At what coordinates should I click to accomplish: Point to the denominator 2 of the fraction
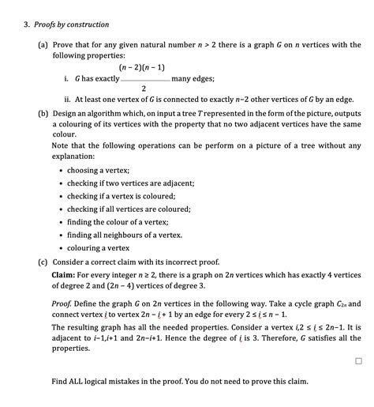coord(144,88)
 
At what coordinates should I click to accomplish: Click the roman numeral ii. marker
coord(68,100)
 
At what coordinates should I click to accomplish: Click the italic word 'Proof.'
coord(63,303)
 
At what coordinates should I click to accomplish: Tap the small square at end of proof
coord(359,360)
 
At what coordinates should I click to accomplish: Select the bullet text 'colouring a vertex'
coord(99,247)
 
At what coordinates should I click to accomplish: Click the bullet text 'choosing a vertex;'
coord(99,170)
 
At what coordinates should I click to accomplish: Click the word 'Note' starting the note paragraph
coord(60,146)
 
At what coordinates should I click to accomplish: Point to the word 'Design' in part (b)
coord(65,113)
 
